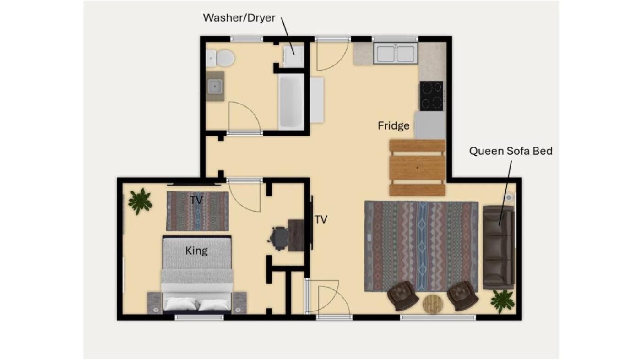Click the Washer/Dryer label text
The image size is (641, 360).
[239, 18]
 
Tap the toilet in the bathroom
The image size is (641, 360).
[220, 58]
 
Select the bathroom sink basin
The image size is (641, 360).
[215, 86]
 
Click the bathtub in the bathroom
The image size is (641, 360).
[291, 102]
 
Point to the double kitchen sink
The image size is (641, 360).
[396, 53]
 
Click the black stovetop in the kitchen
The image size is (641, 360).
[431, 96]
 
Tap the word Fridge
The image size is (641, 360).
[393, 125]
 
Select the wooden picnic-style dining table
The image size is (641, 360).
[418, 168]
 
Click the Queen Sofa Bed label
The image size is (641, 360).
[511, 151]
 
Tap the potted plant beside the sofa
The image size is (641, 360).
[503, 301]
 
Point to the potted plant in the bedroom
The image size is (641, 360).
[140, 201]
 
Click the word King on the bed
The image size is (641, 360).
[196, 251]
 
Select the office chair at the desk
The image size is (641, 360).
[279, 238]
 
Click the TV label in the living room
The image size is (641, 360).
[321, 219]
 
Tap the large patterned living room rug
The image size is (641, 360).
[421, 246]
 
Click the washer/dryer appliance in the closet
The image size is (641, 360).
[293, 57]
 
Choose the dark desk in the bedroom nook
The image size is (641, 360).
[296, 235]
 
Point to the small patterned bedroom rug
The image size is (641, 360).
[197, 211]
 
